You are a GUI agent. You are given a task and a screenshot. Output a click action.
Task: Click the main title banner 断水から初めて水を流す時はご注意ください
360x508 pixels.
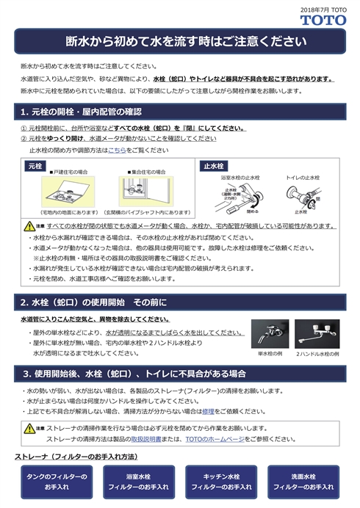[180, 41]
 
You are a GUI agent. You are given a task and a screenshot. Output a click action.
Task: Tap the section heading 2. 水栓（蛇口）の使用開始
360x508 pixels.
[94, 302]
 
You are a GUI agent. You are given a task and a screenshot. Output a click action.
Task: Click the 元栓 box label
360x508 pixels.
[35, 167]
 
